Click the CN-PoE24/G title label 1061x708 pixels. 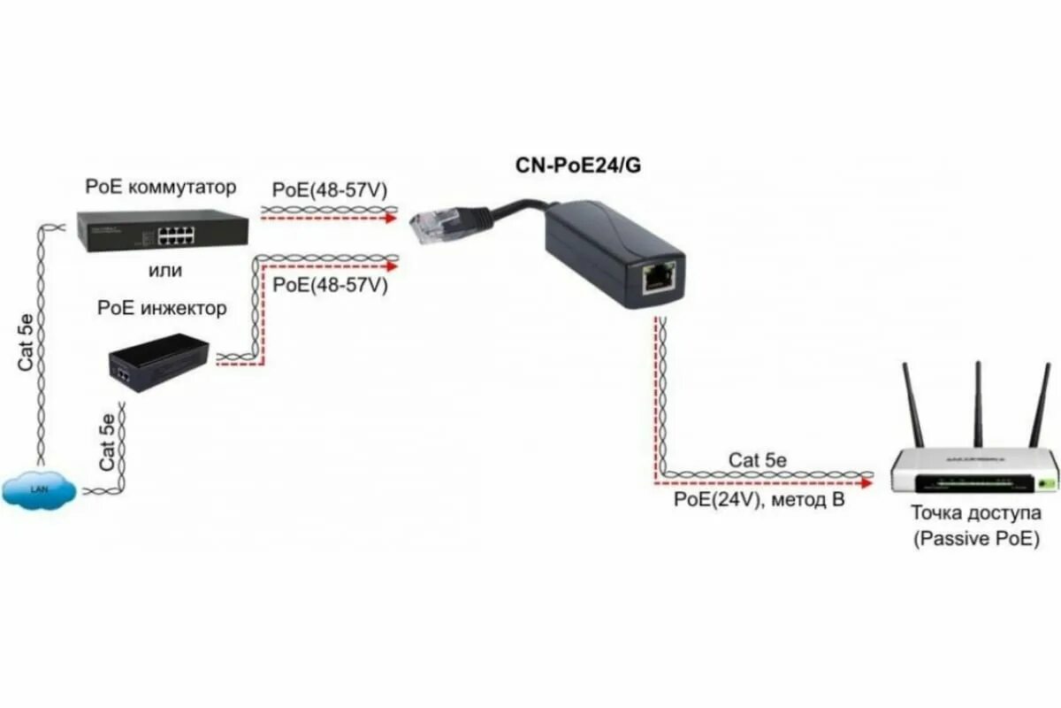[577, 165]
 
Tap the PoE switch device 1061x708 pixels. [162, 230]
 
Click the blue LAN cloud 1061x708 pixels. [37, 489]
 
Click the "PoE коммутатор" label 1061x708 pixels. [161, 187]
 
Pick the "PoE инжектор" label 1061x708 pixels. [162, 309]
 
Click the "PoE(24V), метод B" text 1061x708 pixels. [759, 500]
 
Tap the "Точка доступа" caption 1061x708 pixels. [975, 513]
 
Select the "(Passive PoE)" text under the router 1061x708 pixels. [976, 538]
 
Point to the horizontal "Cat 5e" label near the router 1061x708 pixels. [758, 460]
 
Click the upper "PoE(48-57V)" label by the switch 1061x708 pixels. [329, 190]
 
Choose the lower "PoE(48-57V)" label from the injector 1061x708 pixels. [329, 286]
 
